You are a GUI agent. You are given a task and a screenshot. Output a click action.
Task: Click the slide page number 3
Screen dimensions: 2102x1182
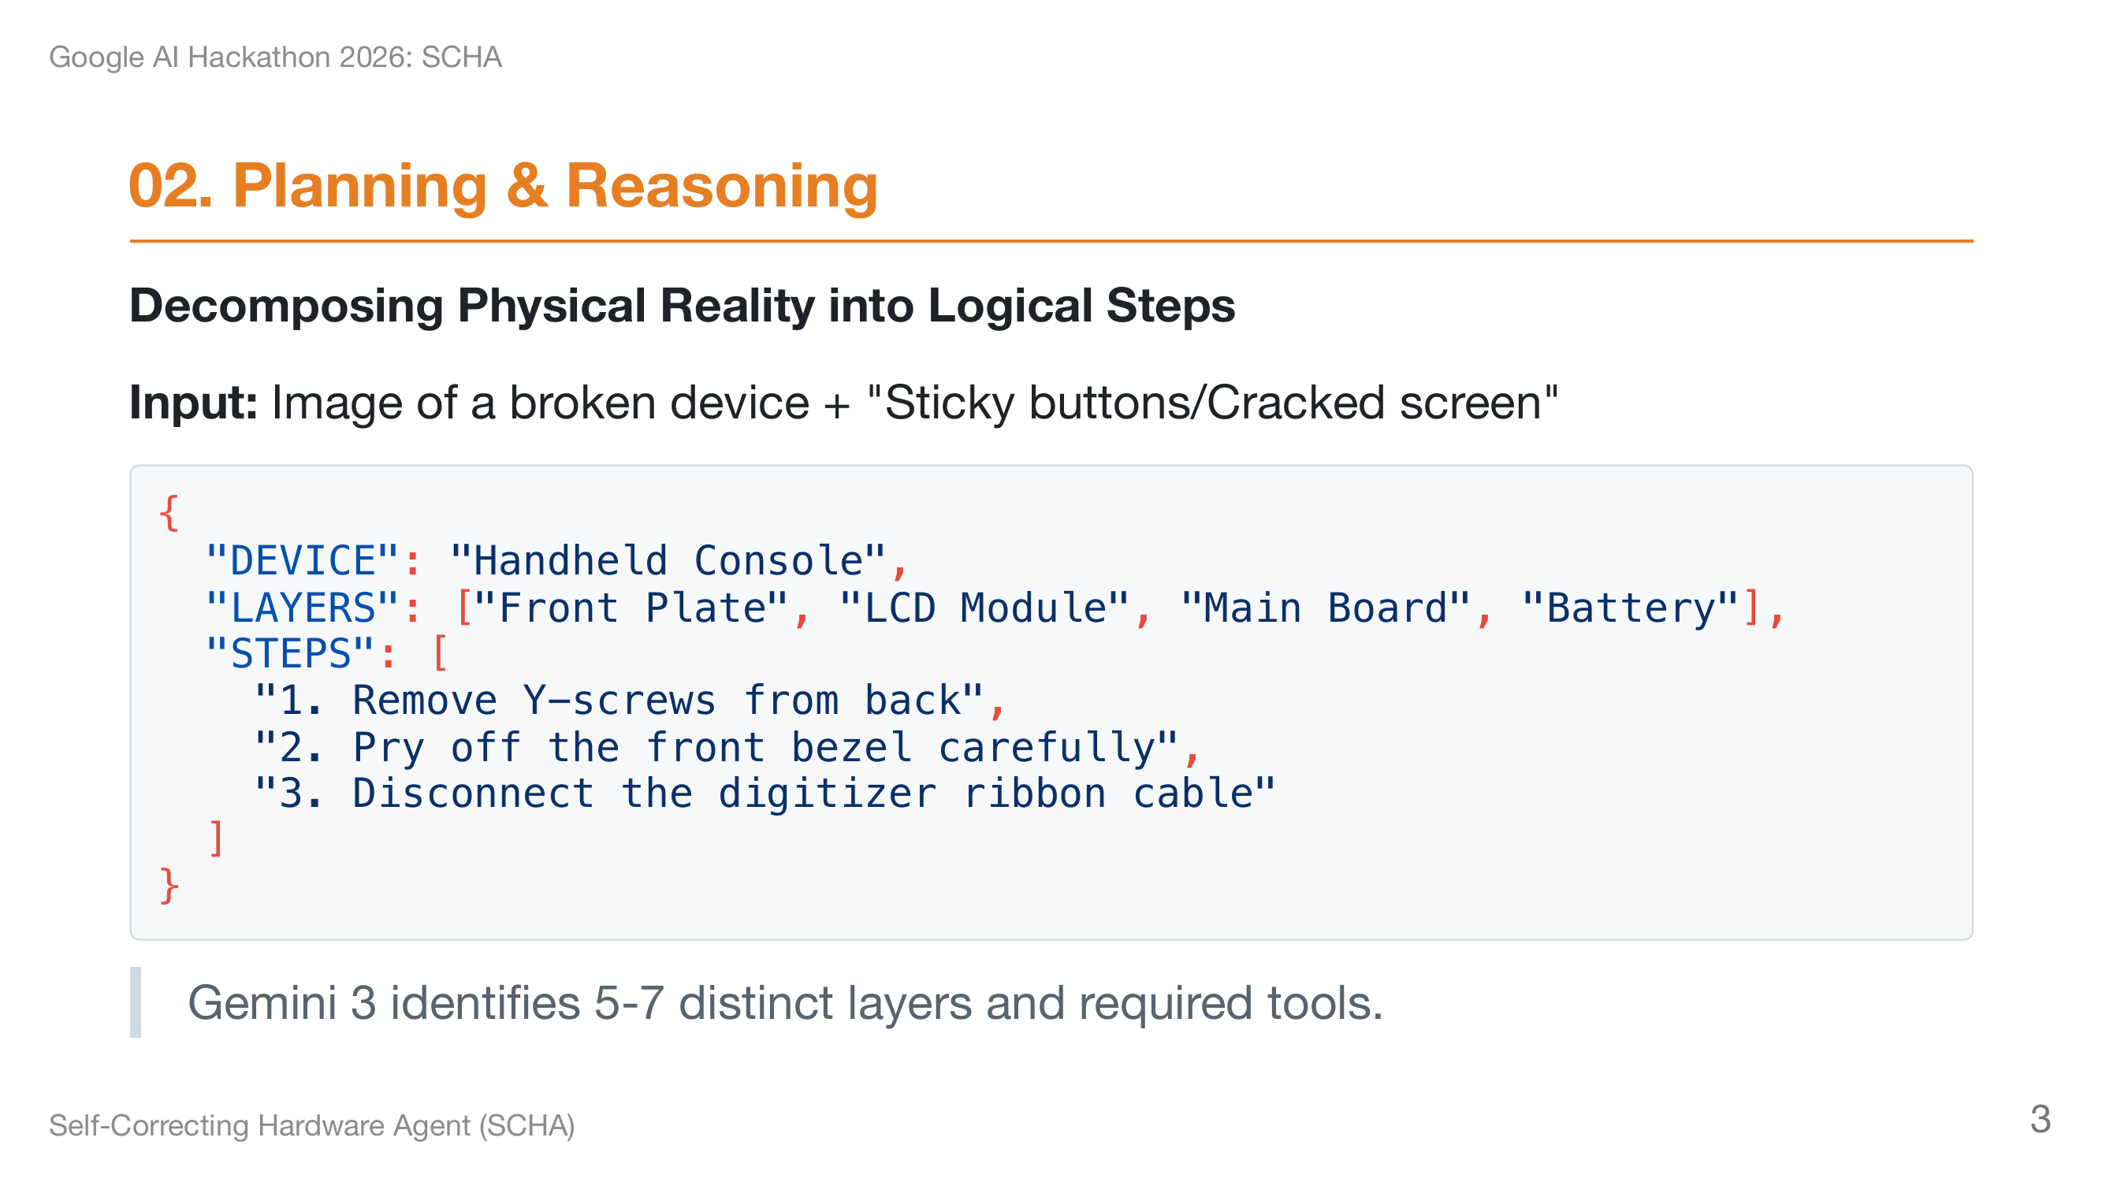(x=2039, y=1118)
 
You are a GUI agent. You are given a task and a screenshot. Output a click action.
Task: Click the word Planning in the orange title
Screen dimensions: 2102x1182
(x=360, y=186)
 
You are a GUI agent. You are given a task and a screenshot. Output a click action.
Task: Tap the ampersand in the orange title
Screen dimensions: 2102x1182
(x=526, y=186)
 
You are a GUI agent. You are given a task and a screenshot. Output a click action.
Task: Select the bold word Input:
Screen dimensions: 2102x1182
(x=193, y=402)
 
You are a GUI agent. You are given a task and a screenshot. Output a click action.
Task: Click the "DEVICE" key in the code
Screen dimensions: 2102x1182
(x=303, y=561)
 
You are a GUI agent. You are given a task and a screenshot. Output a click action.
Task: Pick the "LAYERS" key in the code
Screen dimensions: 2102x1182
(x=303, y=608)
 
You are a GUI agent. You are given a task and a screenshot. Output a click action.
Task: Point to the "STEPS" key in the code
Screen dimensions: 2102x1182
(x=291, y=654)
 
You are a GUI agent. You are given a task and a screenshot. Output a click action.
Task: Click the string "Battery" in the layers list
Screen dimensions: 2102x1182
(x=1631, y=608)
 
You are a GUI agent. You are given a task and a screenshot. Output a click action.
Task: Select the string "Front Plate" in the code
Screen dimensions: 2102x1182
(x=631, y=608)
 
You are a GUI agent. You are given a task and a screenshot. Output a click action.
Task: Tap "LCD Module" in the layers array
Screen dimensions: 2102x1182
(x=984, y=608)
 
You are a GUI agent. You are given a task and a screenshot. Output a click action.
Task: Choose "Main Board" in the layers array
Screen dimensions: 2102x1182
(x=1325, y=608)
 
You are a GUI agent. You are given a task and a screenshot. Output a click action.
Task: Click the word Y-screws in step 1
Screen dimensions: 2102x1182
(x=619, y=701)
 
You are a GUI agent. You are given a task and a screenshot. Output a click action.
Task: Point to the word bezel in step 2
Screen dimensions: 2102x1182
(x=851, y=747)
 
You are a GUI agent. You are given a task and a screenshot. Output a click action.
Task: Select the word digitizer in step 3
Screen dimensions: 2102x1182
(x=828, y=794)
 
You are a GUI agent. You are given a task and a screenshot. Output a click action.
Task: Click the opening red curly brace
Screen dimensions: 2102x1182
(x=169, y=513)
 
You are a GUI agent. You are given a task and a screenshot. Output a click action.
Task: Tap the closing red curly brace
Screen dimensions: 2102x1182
(x=169, y=886)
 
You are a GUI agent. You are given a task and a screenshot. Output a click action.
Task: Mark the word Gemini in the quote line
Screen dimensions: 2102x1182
(x=262, y=1002)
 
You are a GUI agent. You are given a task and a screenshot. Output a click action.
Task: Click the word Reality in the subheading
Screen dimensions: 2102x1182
(x=738, y=305)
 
